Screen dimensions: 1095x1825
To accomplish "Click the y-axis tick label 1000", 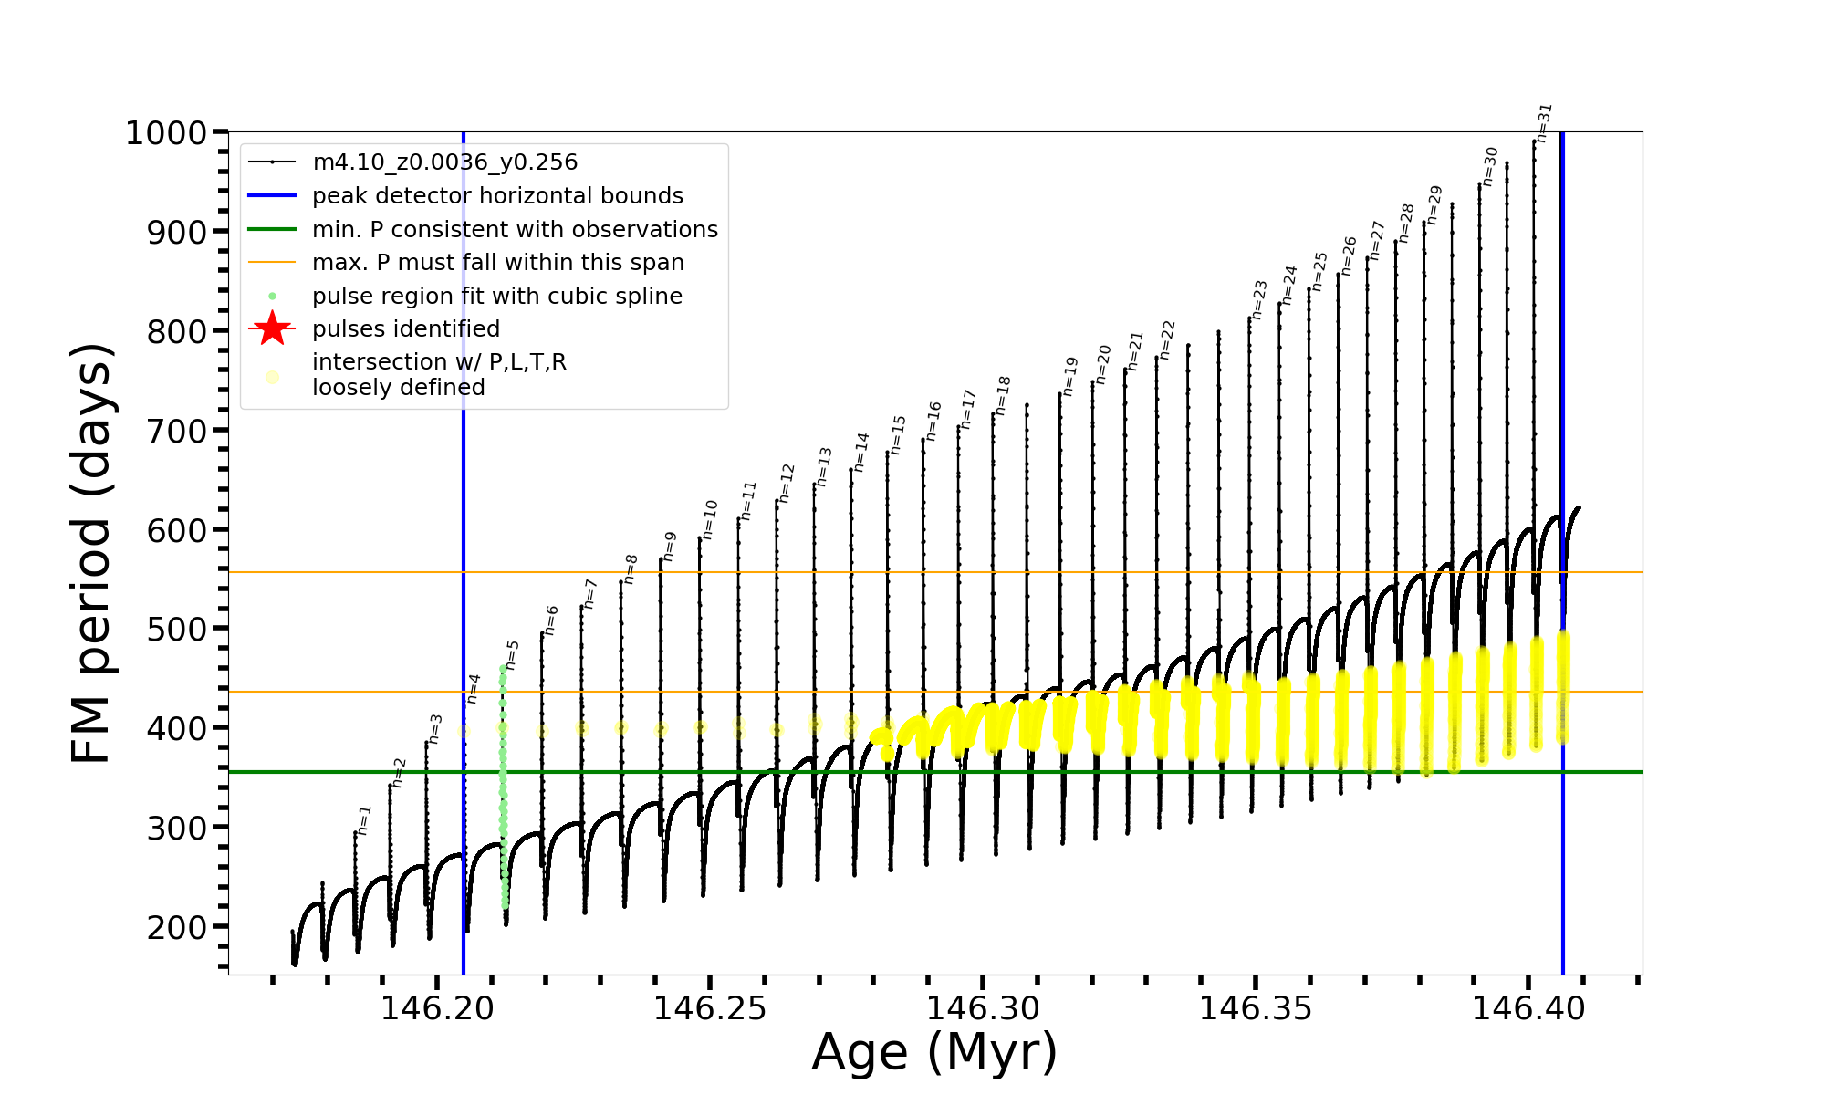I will coord(166,133).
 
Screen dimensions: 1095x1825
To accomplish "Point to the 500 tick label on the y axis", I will coord(177,629).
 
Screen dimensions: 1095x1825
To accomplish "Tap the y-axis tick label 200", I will coord(177,927).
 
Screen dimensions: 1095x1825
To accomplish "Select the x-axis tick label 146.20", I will coord(437,1008).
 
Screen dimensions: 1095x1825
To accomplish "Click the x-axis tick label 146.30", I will coord(983,1008).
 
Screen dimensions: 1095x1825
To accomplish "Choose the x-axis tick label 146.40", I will coord(1528,1008).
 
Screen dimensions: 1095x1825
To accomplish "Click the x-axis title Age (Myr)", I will coord(934,1052).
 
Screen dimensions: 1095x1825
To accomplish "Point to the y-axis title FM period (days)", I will coord(91,553).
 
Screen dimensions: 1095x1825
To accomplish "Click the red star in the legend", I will coord(272,328).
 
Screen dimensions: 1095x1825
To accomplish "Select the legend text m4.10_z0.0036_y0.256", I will coord(444,162).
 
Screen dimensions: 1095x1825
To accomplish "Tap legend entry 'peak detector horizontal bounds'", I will coord(497,196).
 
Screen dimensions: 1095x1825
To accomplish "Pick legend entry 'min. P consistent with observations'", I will coord(515,229).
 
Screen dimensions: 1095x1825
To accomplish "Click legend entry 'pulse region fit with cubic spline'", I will coord(496,297).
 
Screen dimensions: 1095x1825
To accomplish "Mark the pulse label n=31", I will coord(1543,122).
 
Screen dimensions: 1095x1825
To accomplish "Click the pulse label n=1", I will coord(365,819).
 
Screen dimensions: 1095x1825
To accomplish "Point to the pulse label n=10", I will coord(710,519).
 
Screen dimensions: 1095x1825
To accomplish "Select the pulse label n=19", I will coord(1069,376).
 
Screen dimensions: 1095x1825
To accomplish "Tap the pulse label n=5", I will coord(512,654).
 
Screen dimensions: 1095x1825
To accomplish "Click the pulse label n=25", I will coord(1319,271).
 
